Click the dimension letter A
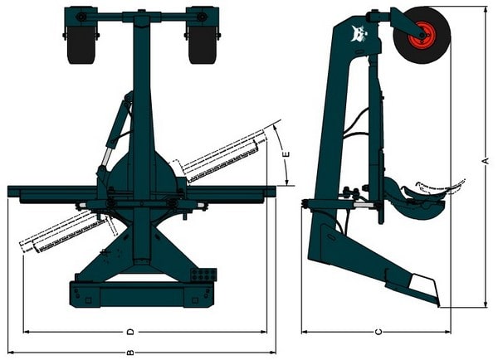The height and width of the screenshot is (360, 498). [486, 160]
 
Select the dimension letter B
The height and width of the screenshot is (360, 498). [130, 353]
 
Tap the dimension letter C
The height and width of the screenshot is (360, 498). [378, 332]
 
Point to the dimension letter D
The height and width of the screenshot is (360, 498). [130, 332]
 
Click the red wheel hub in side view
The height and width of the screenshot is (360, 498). [422, 34]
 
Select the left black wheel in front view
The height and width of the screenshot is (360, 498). [81, 44]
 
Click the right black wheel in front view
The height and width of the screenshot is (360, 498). [203, 44]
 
